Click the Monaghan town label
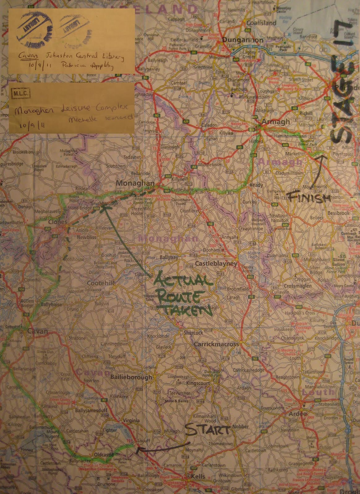pyautogui.click(x=130, y=183)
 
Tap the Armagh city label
pyautogui.click(x=275, y=122)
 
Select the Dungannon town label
pyautogui.click(x=243, y=40)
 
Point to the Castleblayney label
pyautogui.click(x=216, y=264)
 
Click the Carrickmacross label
pyautogui.click(x=216, y=344)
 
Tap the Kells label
pyautogui.click(x=198, y=476)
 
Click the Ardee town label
pyautogui.click(x=298, y=414)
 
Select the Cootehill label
pyautogui.click(x=100, y=283)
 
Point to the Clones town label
pyautogui.click(x=58, y=222)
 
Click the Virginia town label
pyautogui.click(x=131, y=421)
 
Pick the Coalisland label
pyautogui.click(x=261, y=23)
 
